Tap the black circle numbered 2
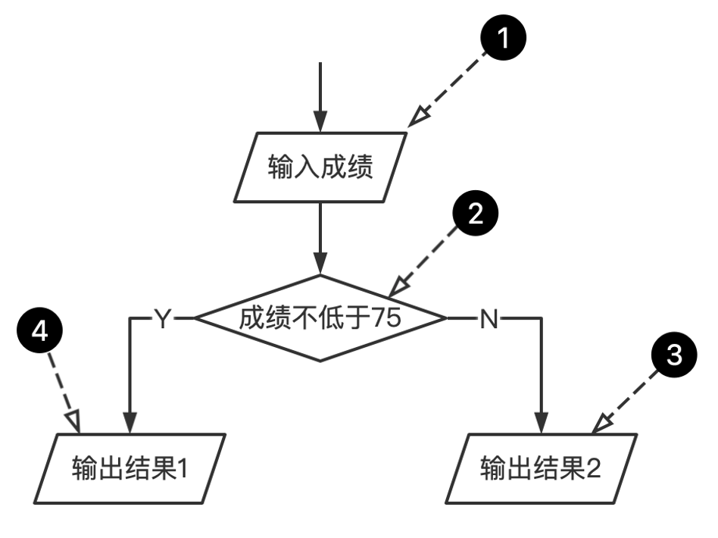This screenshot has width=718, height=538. (x=475, y=214)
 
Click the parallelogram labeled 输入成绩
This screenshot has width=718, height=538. (x=320, y=167)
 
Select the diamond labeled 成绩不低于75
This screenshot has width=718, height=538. (x=320, y=319)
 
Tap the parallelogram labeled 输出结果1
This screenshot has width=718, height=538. (x=130, y=468)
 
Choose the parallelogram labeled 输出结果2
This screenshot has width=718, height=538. (x=541, y=468)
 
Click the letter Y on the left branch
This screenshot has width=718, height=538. (x=162, y=319)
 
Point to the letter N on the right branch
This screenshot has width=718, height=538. (x=489, y=319)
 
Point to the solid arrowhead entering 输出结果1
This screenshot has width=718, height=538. (x=130, y=423)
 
